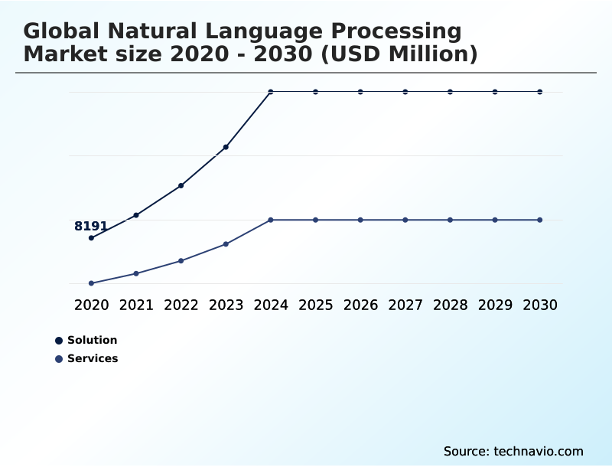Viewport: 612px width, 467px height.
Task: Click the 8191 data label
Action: click(x=90, y=226)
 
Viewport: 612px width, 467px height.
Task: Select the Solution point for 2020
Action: click(x=91, y=238)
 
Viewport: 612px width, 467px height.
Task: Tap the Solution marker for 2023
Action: click(x=226, y=147)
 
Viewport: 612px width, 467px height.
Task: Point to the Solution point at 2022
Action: click(x=181, y=185)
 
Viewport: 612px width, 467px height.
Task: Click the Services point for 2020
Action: click(x=91, y=283)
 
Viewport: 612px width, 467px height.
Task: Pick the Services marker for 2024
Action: click(x=271, y=220)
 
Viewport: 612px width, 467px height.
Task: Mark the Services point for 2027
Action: click(x=405, y=220)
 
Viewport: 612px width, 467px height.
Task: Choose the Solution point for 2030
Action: click(x=540, y=92)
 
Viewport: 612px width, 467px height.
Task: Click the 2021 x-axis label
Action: click(x=136, y=305)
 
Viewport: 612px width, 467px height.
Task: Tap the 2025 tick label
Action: click(x=315, y=305)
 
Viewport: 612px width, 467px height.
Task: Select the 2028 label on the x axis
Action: click(x=450, y=305)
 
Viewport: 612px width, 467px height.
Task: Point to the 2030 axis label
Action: click(x=540, y=305)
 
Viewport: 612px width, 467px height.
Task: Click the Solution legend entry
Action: click(x=92, y=340)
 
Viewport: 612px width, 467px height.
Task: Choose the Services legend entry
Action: click(x=92, y=358)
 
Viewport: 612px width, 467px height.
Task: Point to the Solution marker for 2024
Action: click(x=271, y=92)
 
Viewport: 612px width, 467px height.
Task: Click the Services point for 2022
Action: click(x=181, y=261)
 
